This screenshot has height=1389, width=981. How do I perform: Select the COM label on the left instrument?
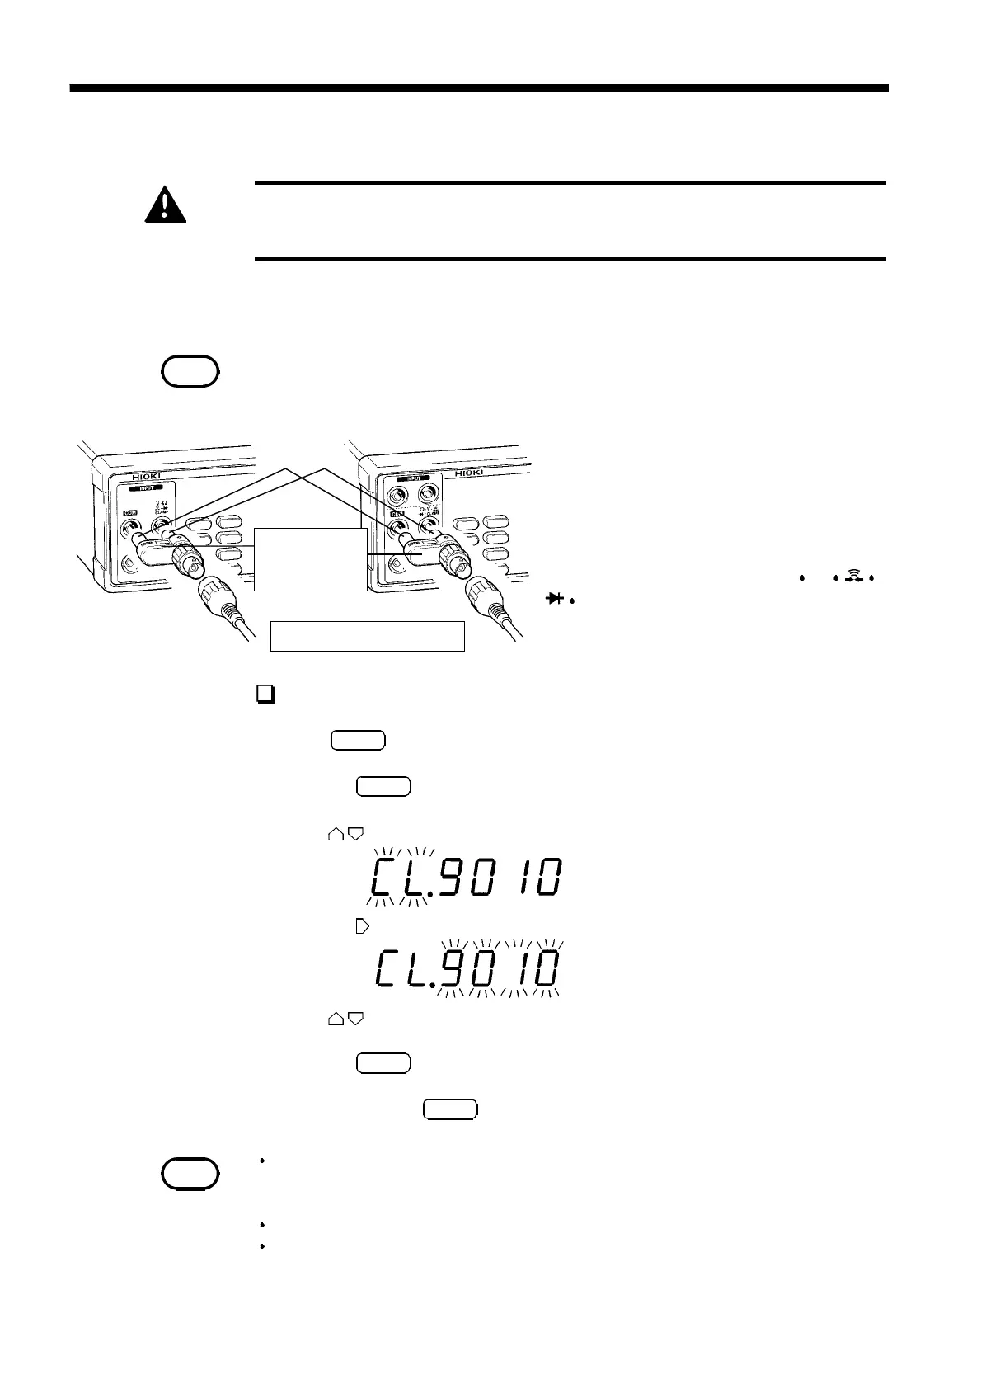point(130,511)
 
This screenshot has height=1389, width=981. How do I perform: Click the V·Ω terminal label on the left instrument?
point(162,504)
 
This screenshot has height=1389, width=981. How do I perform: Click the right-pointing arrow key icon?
point(360,927)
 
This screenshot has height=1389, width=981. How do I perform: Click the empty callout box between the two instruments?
point(310,559)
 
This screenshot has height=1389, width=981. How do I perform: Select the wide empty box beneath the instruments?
point(368,637)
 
